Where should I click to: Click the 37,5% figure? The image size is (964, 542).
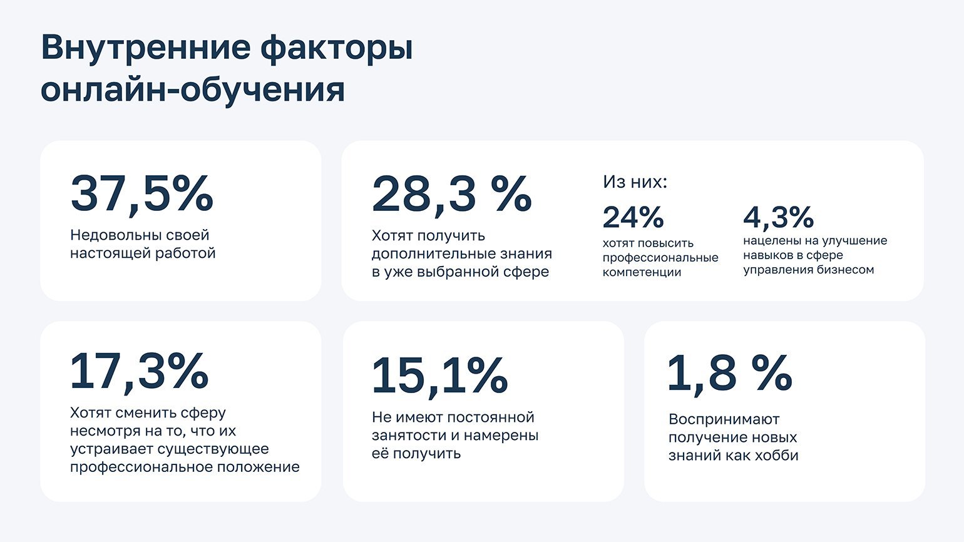pos(141,193)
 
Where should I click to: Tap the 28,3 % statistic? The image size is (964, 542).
pos(452,194)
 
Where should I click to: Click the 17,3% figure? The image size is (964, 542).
pos(140,371)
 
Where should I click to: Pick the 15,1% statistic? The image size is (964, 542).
pos(440,375)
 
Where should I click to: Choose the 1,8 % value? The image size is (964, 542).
pos(730,372)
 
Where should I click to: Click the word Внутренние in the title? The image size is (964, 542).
pos(146,47)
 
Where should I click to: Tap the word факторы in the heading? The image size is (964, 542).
pos(337,49)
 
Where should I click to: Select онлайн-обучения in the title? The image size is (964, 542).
pos(193,90)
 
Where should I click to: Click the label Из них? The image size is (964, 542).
pos(635,182)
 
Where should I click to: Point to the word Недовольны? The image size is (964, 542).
pos(116,235)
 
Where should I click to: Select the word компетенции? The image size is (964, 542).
pos(642,272)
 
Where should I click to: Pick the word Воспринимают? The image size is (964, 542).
pos(724,419)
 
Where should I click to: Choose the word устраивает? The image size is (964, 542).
pos(111,449)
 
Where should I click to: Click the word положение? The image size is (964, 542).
pos(258,467)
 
